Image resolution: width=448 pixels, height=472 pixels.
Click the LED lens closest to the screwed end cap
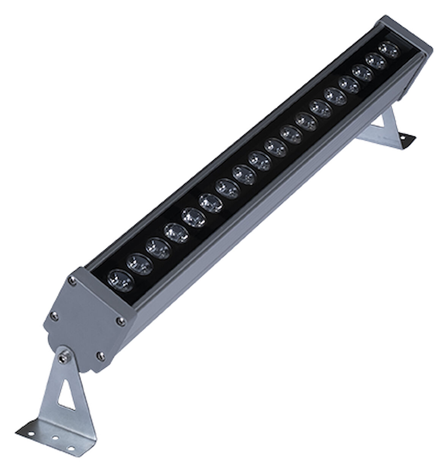121,280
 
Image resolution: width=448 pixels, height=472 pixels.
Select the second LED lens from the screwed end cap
139,262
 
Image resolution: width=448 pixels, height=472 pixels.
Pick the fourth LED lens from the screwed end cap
176,232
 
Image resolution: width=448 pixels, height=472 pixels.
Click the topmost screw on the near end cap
71,280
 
